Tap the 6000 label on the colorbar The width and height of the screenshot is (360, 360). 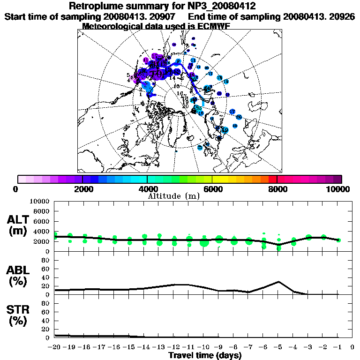212,189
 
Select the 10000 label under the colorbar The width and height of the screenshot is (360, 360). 339,189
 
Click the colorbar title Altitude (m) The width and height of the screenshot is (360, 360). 174,195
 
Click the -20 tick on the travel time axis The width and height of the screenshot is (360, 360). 55,347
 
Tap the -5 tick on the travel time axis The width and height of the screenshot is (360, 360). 278,347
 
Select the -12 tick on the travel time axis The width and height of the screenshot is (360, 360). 174,347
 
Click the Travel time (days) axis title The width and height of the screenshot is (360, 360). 205,355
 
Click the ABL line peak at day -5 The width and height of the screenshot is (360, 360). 279,282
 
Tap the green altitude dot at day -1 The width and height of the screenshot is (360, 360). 338,240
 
